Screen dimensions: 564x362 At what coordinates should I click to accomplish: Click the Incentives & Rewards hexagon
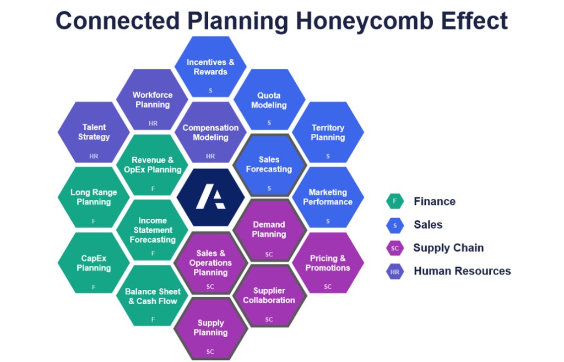tap(210, 67)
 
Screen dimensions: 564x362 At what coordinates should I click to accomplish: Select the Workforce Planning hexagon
tap(153, 100)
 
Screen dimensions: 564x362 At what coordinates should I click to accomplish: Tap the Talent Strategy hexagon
tap(94, 132)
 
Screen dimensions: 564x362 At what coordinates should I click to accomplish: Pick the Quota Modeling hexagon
tap(269, 100)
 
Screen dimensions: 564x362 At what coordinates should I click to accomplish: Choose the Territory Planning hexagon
tap(328, 132)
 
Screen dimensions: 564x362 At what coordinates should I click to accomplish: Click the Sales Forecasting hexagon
tap(269, 165)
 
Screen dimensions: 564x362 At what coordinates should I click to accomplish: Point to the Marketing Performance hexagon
tap(328, 197)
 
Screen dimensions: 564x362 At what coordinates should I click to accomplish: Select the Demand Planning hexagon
tap(269, 230)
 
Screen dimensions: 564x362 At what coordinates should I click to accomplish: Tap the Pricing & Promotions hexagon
tap(328, 263)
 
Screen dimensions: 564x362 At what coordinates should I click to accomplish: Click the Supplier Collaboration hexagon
tap(269, 295)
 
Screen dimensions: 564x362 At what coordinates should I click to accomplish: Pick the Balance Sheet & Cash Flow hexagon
tap(153, 295)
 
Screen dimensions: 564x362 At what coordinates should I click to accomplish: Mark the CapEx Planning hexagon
tap(94, 263)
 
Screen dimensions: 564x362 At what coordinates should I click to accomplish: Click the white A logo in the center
tap(210, 197)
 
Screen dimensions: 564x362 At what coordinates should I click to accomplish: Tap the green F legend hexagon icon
tap(395, 201)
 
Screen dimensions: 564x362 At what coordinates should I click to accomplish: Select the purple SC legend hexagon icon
tap(395, 248)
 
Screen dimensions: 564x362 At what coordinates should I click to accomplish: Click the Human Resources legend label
tap(462, 271)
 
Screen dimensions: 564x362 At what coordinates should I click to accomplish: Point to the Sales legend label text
tap(428, 225)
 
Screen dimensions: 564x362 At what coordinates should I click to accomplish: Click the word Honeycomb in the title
tap(365, 20)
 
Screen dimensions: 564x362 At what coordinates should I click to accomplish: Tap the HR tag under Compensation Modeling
tap(210, 156)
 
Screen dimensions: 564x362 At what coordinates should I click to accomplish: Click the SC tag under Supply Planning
tap(210, 352)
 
